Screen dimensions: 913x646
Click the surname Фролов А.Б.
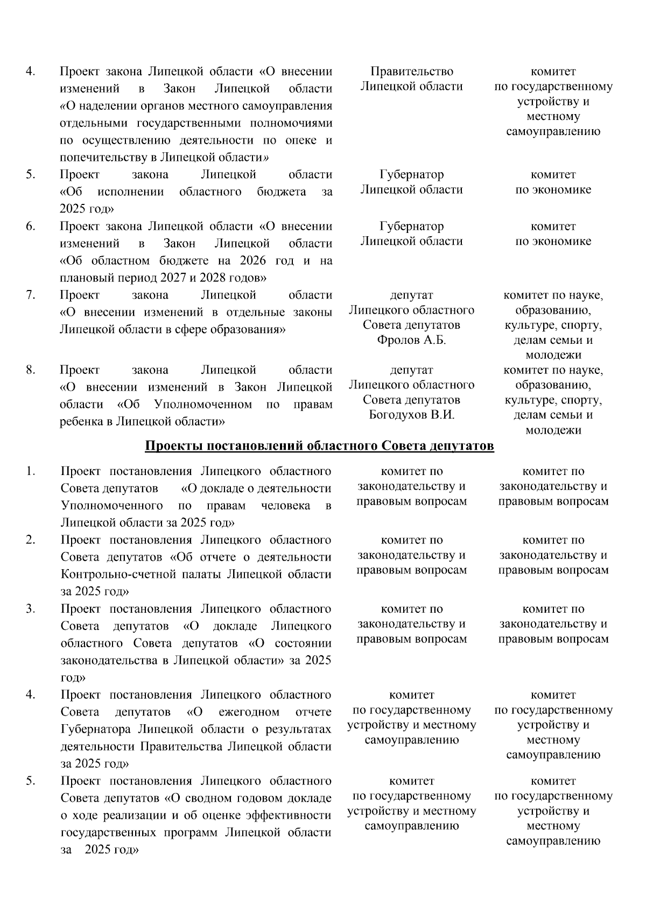click(x=412, y=340)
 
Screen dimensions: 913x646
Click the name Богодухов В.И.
click(x=412, y=415)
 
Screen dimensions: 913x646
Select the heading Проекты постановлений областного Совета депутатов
click(x=320, y=447)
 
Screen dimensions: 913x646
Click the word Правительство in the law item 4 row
click(x=412, y=72)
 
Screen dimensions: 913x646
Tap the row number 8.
click(x=31, y=370)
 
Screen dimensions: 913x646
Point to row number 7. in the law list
click(x=31, y=295)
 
